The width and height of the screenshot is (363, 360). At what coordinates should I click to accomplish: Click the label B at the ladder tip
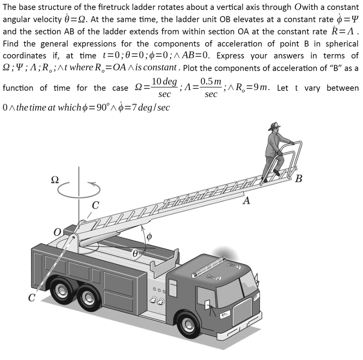pyautogui.click(x=298, y=178)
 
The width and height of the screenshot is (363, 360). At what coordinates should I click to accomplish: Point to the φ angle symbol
pyautogui.click(x=149, y=236)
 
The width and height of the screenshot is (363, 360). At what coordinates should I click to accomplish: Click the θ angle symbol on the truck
pyautogui.click(x=135, y=253)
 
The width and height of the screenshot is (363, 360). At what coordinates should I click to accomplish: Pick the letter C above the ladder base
pyautogui.click(x=95, y=205)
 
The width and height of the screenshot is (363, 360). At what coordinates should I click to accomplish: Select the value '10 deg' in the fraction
pyautogui.click(x=164, y=82)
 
